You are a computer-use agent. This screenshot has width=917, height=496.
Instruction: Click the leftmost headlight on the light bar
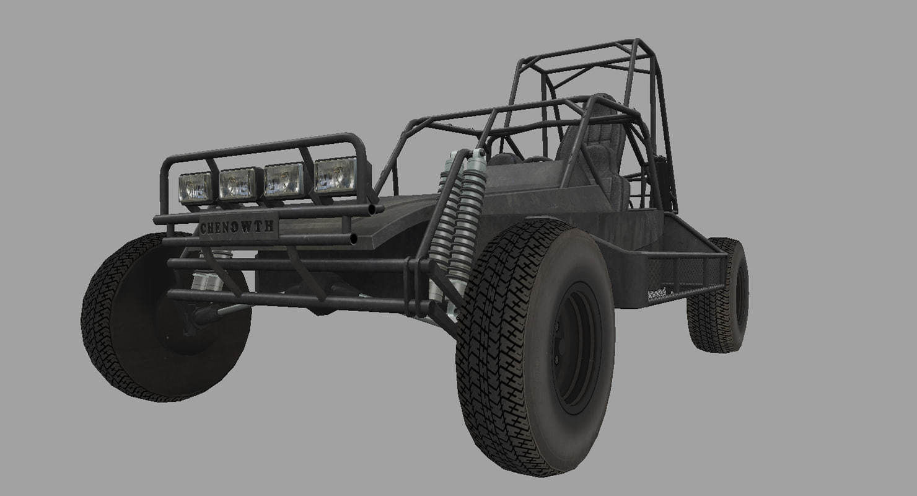click(x=196, y=188)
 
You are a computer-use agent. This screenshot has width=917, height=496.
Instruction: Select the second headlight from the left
click(x=237, y=184)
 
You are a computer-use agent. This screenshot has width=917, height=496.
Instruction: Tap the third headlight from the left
click(x=284, y=180)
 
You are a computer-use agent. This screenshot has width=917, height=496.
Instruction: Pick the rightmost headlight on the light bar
click(x=335, y=175)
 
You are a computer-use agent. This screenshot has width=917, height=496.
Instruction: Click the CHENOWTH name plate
click(x=237, y=228)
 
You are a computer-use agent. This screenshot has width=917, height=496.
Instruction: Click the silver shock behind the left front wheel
click(x=207, y=282)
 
